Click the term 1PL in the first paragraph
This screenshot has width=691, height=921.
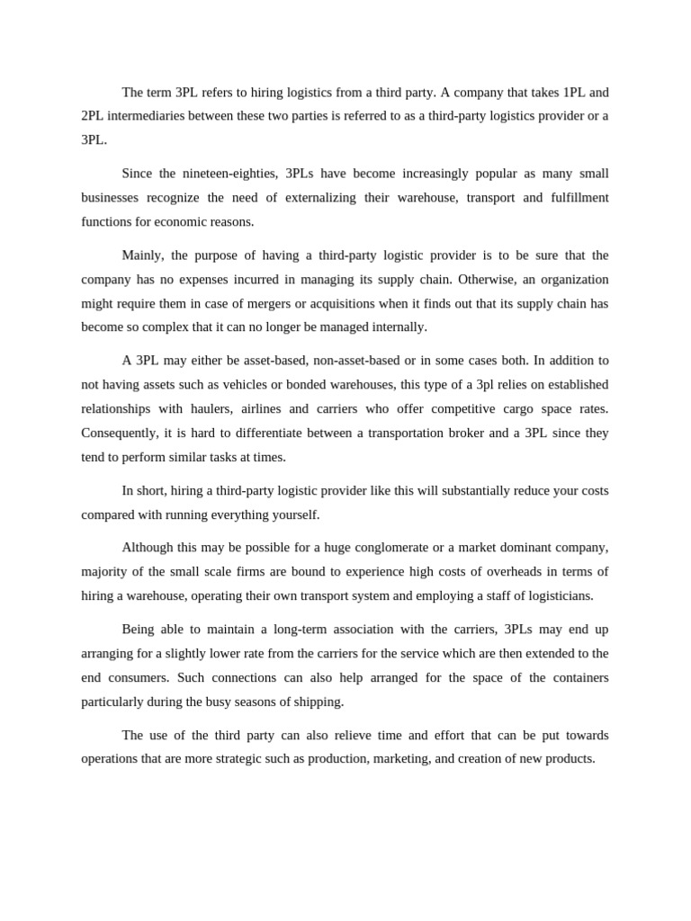coord(573,92)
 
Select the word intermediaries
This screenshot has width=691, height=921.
coord(148,116)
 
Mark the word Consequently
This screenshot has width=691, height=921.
coord(119,433)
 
